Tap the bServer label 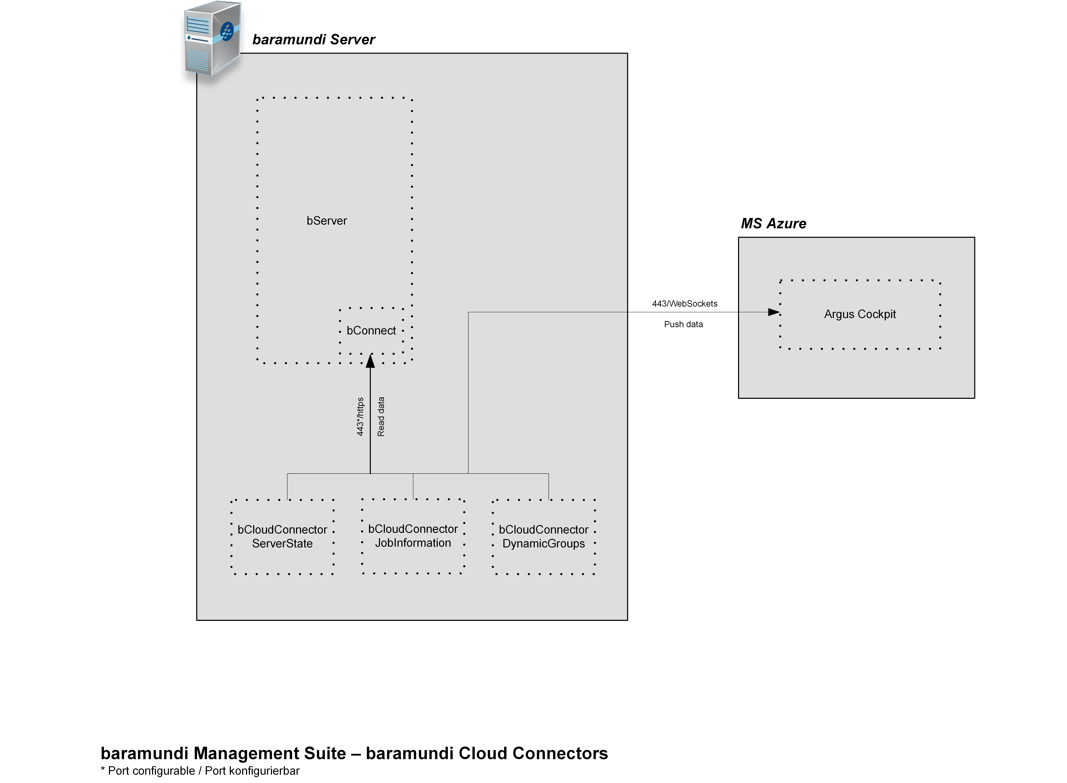pos(327,221)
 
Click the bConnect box pos(371,330)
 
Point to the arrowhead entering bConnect pos(370,361)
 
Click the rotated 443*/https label pos(360,417)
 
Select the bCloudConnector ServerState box pos(283,537)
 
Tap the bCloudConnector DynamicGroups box pos(544,537)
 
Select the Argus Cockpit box pos(860,314)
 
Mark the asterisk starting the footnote pos(103,770)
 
